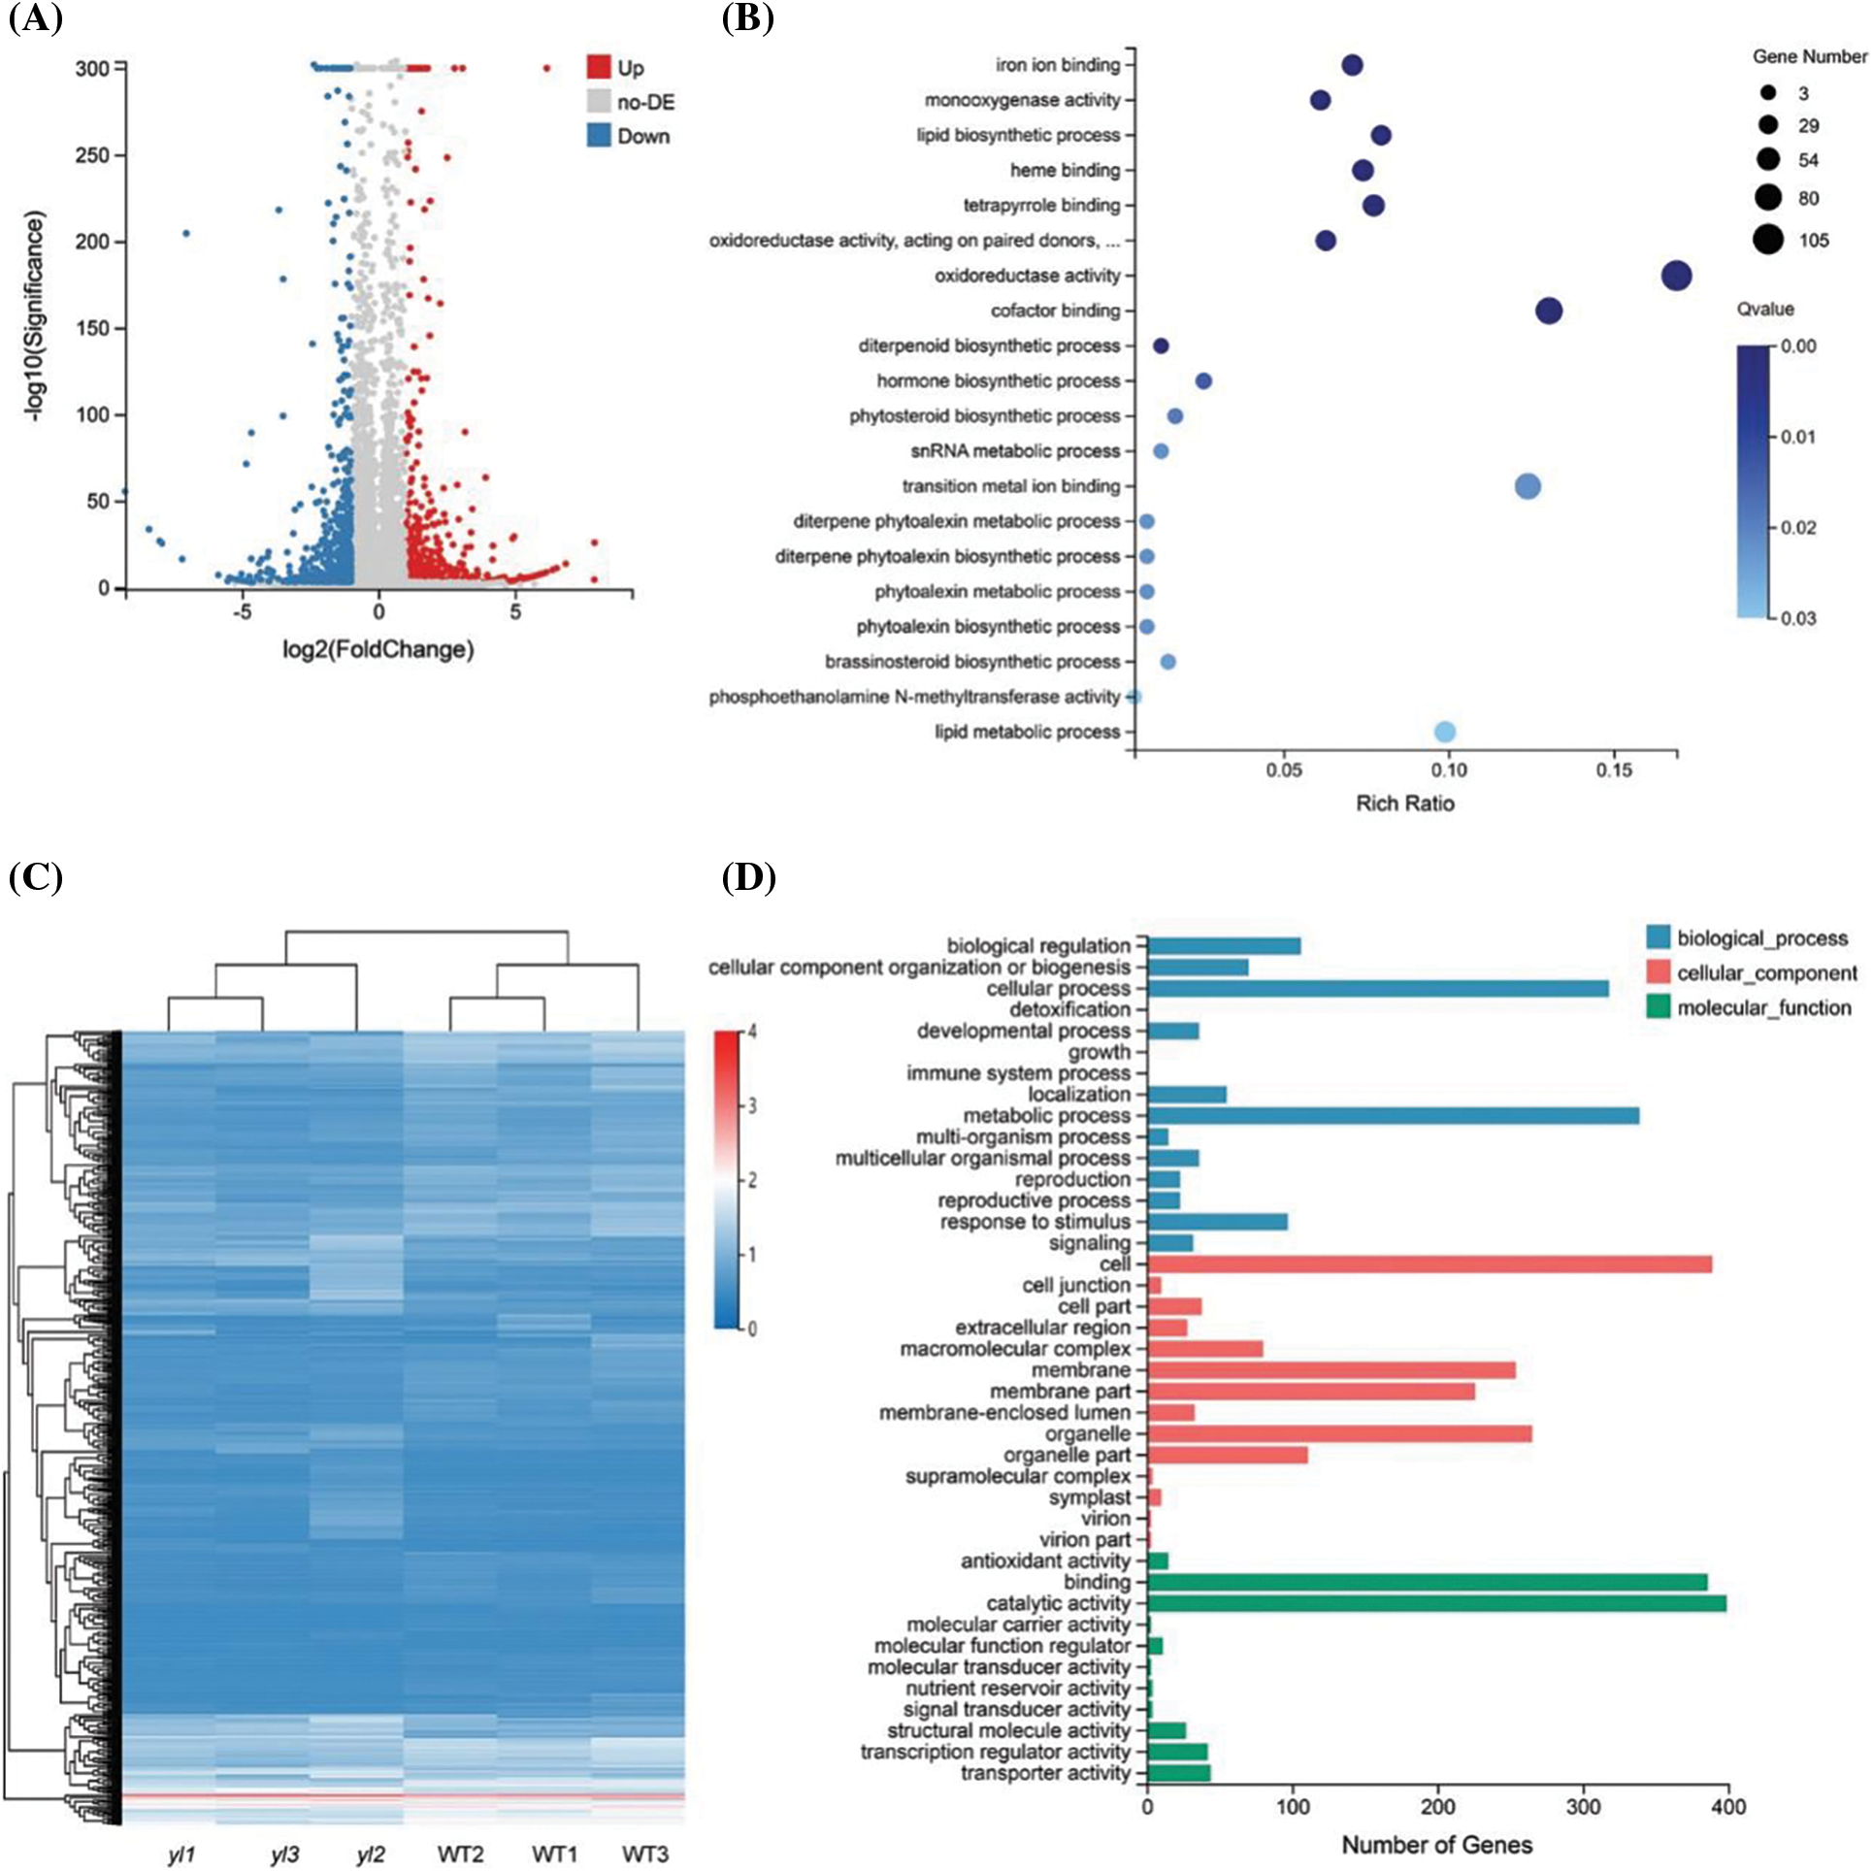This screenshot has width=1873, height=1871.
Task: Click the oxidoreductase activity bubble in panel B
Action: (1676, 276)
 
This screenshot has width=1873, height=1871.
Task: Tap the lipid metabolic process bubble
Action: (1444, 732)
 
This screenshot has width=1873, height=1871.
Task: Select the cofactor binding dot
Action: (1549, 311)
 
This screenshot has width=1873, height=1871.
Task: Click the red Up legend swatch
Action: (599, 67)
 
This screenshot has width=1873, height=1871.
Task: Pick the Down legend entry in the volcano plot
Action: (631, 136)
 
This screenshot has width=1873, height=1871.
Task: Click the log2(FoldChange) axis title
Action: (378, 649)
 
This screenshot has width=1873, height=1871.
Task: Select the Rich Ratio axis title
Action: (1404, 803)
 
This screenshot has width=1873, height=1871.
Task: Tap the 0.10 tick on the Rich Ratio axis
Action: (1449, 770)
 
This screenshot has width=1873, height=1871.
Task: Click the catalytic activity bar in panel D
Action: (1436, 1603)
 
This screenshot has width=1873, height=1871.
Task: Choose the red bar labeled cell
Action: (1429, 1264)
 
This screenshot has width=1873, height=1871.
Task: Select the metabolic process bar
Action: (1393, 1116)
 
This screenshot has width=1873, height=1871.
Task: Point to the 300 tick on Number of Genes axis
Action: (1583, 1807)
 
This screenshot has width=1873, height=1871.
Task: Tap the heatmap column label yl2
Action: (371, 1855)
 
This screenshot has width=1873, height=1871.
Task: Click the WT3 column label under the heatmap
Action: (644, 1855)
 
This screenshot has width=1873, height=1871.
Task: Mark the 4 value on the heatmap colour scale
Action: (752, 1032)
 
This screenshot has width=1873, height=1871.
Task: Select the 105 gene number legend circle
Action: (1768, 239)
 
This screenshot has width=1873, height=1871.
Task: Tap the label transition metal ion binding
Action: (1010, 486)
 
